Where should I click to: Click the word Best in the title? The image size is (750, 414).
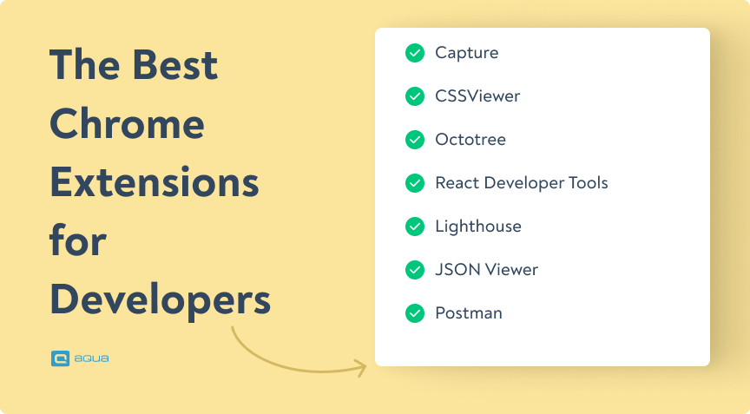tap(174, 66)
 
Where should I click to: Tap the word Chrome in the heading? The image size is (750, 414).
tap(127, 124)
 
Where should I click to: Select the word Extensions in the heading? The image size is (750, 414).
tap(154, 183)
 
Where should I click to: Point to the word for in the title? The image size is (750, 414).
tap(77, 240)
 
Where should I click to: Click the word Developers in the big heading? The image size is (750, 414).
tap(160, 299)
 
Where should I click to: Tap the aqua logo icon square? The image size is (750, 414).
tap(60, 358)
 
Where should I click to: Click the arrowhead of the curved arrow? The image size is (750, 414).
tap(360, 368)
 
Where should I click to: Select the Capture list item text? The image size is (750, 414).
tap(466, 53)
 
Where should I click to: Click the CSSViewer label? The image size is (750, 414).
tap(477, 96)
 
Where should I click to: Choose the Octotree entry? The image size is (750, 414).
tap(470, 140)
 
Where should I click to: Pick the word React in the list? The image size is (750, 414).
tap(457, 183)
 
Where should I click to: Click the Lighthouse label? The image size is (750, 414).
tap(477, 227)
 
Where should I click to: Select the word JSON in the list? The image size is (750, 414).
tap(456, 270)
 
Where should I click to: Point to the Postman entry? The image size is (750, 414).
tap(468, 313)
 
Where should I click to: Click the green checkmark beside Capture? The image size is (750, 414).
tap(415, 53)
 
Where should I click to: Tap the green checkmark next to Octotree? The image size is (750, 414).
tap(415, 140)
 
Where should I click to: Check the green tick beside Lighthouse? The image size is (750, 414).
tap(415, 227)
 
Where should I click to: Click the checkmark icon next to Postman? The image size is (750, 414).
tap(415, 313)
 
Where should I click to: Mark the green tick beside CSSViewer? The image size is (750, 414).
tap(415, 96)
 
